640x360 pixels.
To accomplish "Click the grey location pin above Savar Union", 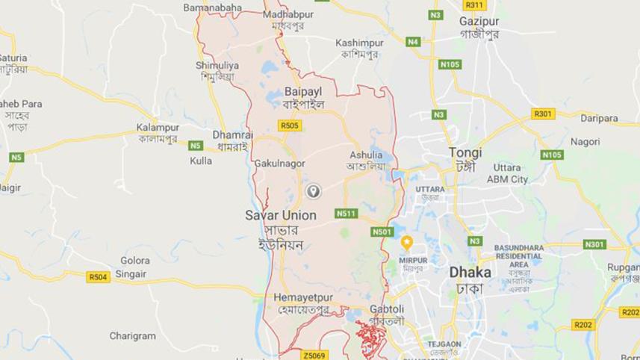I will pyautogui.click(x=314, y=191).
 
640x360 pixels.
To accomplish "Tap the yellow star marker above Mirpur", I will pyautogui.click(x=407, y=242).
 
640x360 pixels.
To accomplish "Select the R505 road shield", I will pyautogui.click(x=291, y=125).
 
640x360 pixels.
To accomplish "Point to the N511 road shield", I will pyautogui.click(x=346, y=213).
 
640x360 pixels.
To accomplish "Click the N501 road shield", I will pyautogui.click(x=382, y=232).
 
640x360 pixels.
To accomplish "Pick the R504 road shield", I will pyautogui.click(x=98, y=276).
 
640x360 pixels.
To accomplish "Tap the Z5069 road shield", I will pyautogui.click(x=314, y=355).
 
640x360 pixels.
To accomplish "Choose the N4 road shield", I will pyautogui.click(x=413, y=42).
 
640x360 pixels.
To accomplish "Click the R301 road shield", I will pyautogui.click(x=543, y=114).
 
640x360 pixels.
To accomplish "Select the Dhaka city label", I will pyautogui.click(x=470, y=272).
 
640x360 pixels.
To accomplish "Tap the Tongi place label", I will pyautogui.click(x=465, y=152).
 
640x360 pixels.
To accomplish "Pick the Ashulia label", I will pyautogui.click(x=365, y=155).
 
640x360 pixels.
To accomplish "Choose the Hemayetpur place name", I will pyautogui.click(x=302, y=297).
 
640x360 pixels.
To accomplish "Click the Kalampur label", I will pyautogui.click(x=158, y=128).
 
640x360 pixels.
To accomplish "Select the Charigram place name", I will pyautogui.click(x=133, y=336).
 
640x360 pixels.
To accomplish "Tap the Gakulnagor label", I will pyautogui.click(x=279, y=163).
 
